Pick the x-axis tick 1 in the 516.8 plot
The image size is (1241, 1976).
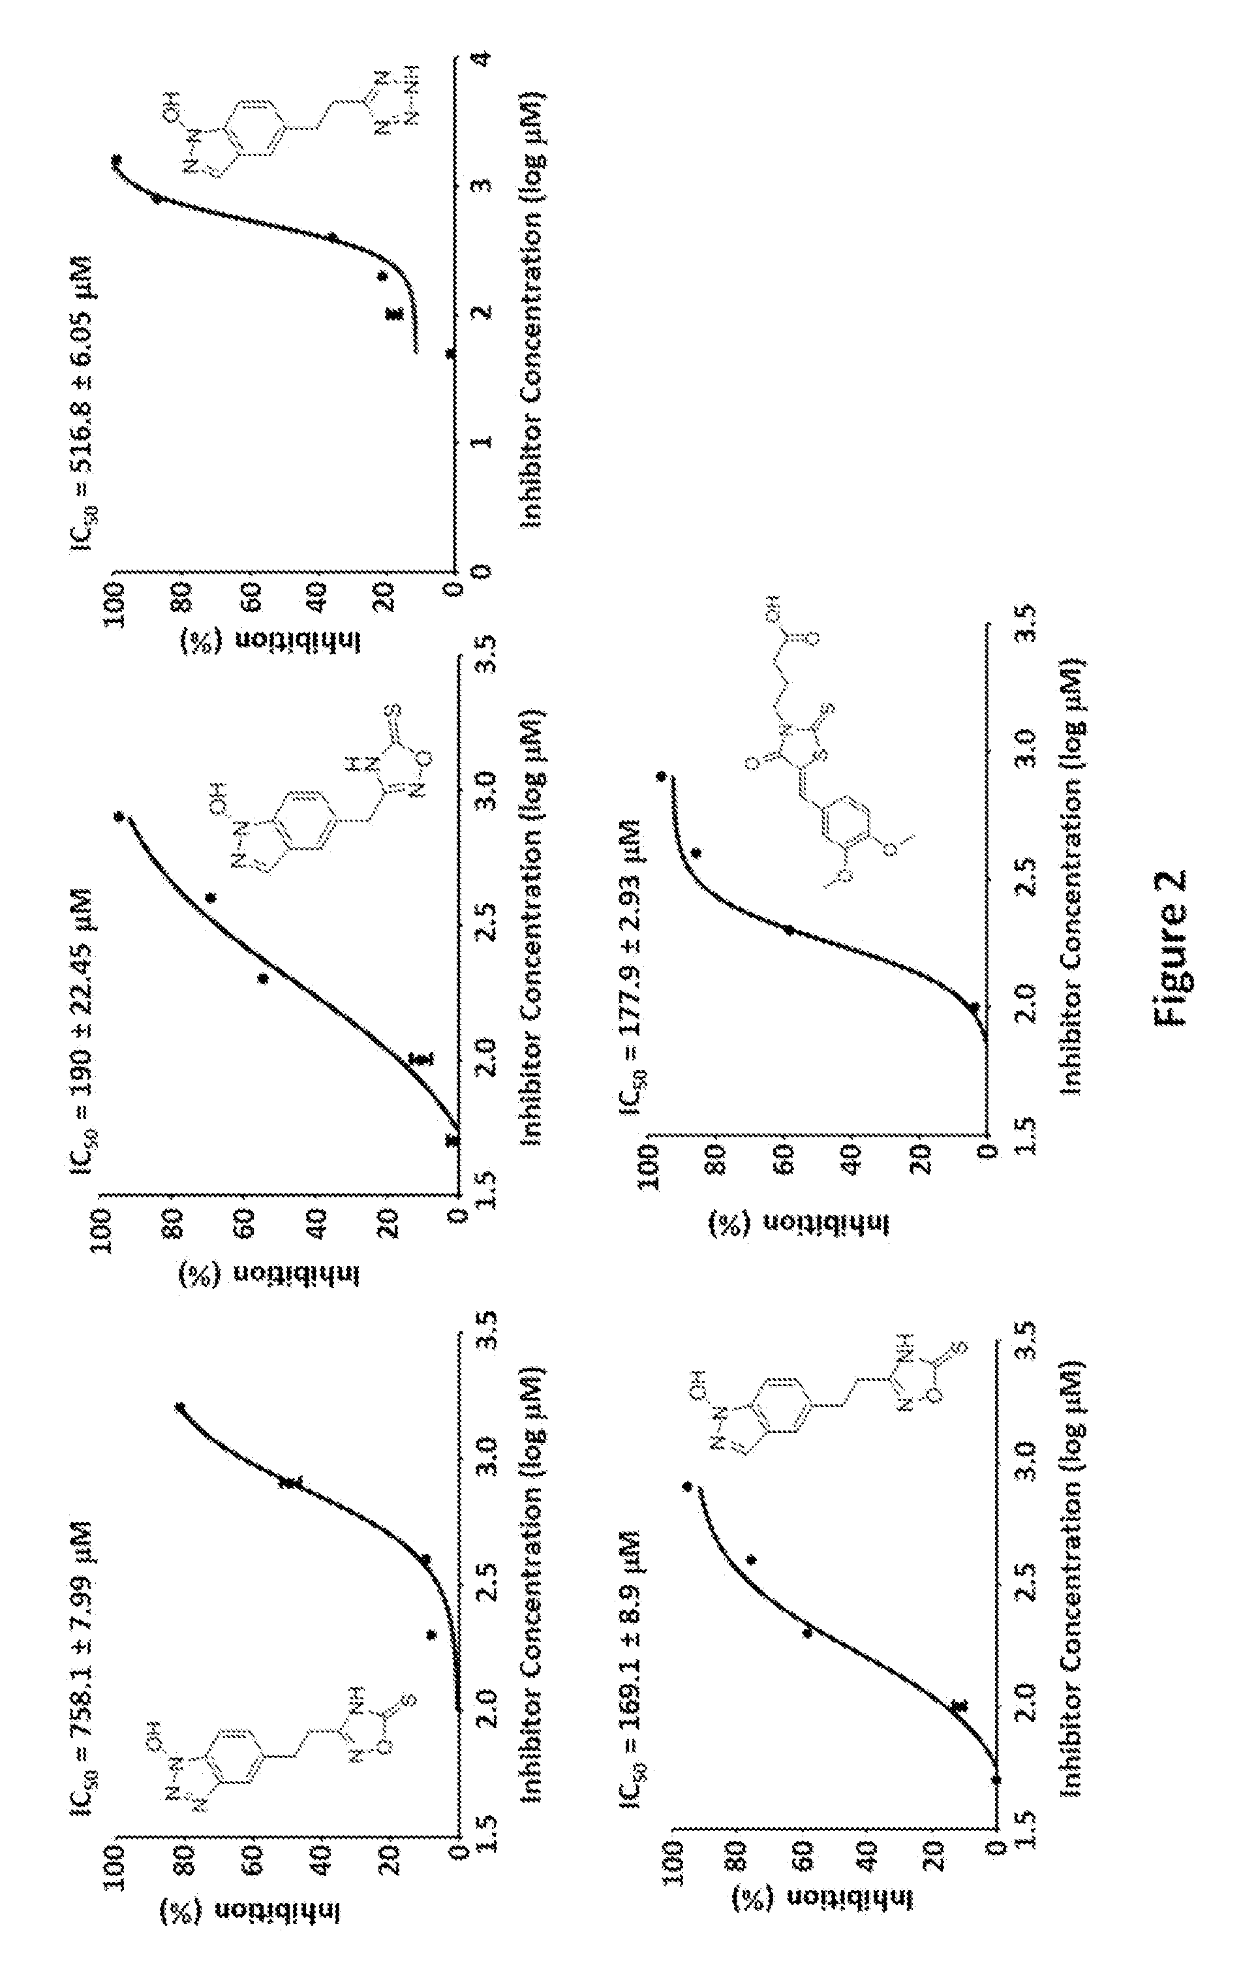[483, 440]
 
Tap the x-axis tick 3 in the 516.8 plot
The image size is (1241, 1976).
[483, 185]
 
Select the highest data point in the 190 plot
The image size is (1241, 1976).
[119, 816]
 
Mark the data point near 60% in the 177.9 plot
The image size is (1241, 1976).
[788, 930]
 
